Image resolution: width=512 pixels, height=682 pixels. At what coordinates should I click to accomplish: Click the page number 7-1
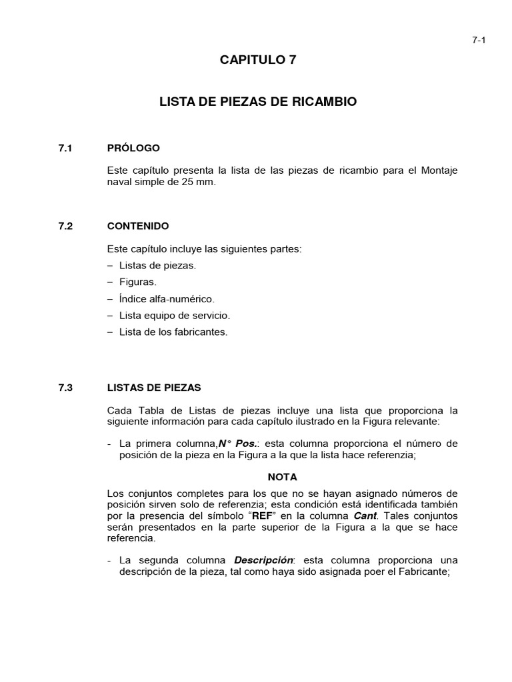479,40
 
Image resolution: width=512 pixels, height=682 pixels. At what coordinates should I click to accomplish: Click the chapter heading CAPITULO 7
257,61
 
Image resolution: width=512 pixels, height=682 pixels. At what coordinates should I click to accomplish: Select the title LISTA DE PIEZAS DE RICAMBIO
258,102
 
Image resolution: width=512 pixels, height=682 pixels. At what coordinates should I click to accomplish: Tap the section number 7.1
65,148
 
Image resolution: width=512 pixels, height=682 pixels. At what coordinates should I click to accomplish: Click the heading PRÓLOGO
133,148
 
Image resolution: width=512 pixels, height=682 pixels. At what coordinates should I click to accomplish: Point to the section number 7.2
65,226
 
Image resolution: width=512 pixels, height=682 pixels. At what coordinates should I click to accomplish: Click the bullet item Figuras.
138,282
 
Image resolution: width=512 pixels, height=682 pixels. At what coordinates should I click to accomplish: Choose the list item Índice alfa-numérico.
167,299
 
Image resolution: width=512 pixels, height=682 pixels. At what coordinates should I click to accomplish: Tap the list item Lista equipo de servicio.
174,315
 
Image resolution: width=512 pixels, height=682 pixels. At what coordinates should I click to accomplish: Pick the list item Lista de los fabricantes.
173,332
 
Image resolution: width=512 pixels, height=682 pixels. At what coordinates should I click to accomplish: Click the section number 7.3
65,387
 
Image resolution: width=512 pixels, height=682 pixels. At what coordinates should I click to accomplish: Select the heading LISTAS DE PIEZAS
154,387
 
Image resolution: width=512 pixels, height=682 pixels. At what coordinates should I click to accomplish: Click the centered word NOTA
282,477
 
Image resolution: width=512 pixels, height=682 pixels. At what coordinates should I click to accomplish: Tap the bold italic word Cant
365,516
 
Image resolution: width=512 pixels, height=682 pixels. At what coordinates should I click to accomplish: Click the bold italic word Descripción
264,560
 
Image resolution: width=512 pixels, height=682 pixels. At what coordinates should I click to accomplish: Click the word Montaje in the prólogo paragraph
439,170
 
